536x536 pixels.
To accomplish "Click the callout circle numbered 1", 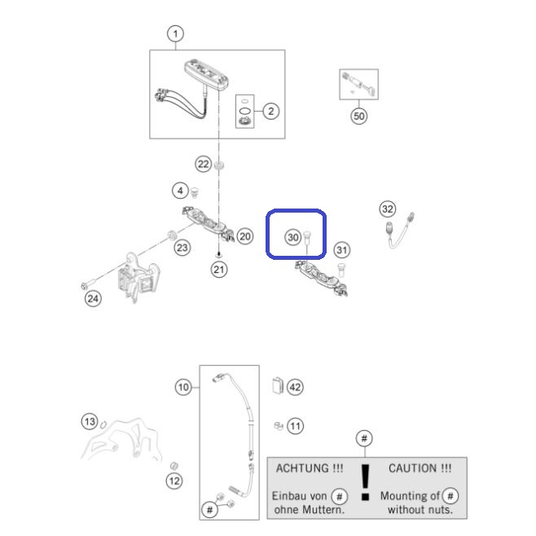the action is pyautogui.click(x=175, y=34).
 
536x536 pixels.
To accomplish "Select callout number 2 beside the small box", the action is pyautogui.click(x=270, y=111).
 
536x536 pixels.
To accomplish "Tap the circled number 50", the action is pyautogui.click(x=359, y=116).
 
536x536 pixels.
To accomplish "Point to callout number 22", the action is pyautogui.click(x=204, y=164).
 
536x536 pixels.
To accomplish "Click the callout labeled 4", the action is pyautogui.click(x=181, y=191).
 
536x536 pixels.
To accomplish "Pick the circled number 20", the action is pyautogui.click(x=244, y=236).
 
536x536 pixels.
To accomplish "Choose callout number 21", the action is pyautogui.click(x=219, y=270).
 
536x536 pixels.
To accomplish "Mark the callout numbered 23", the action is pyautogui.click(x=182, y=248).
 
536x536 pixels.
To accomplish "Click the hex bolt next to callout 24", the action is pyautogui.click(x=86, y=285).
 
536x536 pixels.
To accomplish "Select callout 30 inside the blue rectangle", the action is pyautogui.click(x=293, y=237).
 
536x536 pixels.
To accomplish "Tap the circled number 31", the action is pyautogui.click(x=342, y=250).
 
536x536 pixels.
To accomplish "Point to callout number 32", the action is pyautogui.click(x=388, y=209).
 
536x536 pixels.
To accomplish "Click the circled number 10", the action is pyautogui.click(x=183, y=387).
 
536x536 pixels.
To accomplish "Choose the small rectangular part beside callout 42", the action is pyautogui.click(x=278, y=385).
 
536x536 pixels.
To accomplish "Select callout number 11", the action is pyautogui.click(x=295, y=426).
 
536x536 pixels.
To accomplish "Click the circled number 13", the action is pyautogui.click(x=90, y=421).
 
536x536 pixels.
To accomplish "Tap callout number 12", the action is pyautogui.click(x=174, y=481).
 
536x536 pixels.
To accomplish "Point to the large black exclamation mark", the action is pyautogui.click(x=366, y=482).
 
